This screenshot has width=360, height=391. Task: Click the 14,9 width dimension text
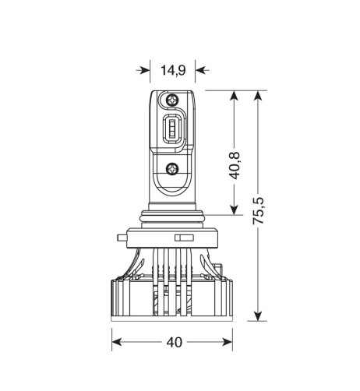[x=172, y=70]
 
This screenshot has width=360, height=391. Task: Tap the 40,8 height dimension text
[x=236, y=165]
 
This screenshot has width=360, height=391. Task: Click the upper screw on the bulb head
[x=172, y=100]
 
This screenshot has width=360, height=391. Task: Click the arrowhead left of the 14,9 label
[x=144, y=70]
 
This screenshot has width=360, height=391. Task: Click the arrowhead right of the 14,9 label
[x=200, y=70]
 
